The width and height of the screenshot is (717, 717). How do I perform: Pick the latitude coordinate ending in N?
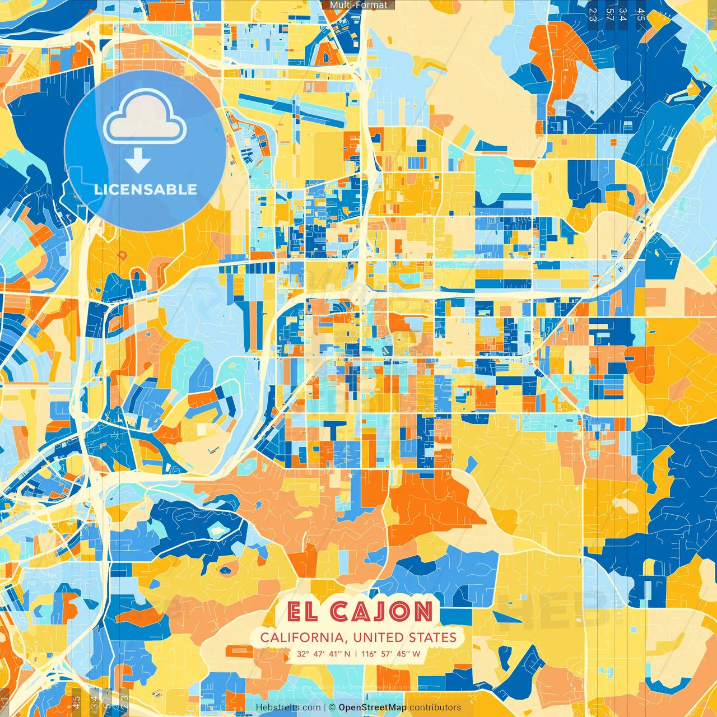click(324, 654)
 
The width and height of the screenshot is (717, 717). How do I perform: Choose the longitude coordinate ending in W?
click(390, 654)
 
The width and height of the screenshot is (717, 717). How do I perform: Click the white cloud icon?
click(145, 118)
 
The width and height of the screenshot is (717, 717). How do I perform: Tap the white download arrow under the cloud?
click(137, 160)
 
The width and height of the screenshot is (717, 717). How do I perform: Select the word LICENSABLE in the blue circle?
click(146, 189)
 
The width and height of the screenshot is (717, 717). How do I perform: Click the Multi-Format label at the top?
click(358, 5)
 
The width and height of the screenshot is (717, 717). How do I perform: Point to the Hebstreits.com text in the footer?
click(288, 707)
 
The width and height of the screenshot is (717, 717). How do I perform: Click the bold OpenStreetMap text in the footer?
click(373, 707)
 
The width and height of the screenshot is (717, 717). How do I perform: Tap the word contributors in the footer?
click(435, 707)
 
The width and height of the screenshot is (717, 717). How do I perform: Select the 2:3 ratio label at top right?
click(593, 15)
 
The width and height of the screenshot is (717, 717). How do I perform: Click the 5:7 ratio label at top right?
click(609, 15)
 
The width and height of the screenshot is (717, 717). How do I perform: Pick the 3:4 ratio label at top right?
click(623, 15)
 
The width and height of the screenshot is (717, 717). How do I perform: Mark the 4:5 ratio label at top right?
click(641, 15)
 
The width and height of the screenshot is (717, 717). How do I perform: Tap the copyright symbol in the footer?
click(332, 707)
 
